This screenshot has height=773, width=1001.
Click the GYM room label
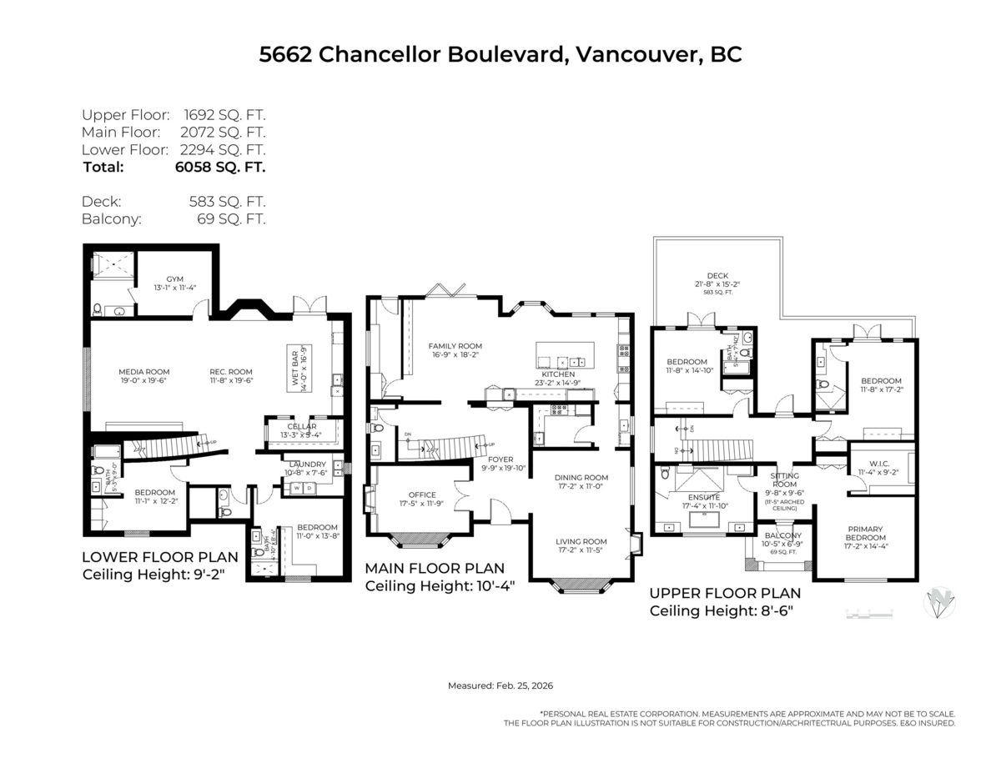coord(174,279)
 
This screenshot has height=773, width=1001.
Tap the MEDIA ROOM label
coord(144,372)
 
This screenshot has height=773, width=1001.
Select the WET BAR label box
coord(299,368)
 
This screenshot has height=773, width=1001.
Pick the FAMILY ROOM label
coord(455,346)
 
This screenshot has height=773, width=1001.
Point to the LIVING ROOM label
coord(581,541)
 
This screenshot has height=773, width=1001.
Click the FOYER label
coord(500,459)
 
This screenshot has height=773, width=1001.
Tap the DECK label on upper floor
coord(717,276)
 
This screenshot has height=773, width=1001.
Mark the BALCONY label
coord(782,535)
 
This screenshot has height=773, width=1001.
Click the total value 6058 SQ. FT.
coord(222,167)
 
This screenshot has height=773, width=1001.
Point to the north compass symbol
coord(941,603)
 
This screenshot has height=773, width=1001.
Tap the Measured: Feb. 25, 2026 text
coord(500,685)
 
